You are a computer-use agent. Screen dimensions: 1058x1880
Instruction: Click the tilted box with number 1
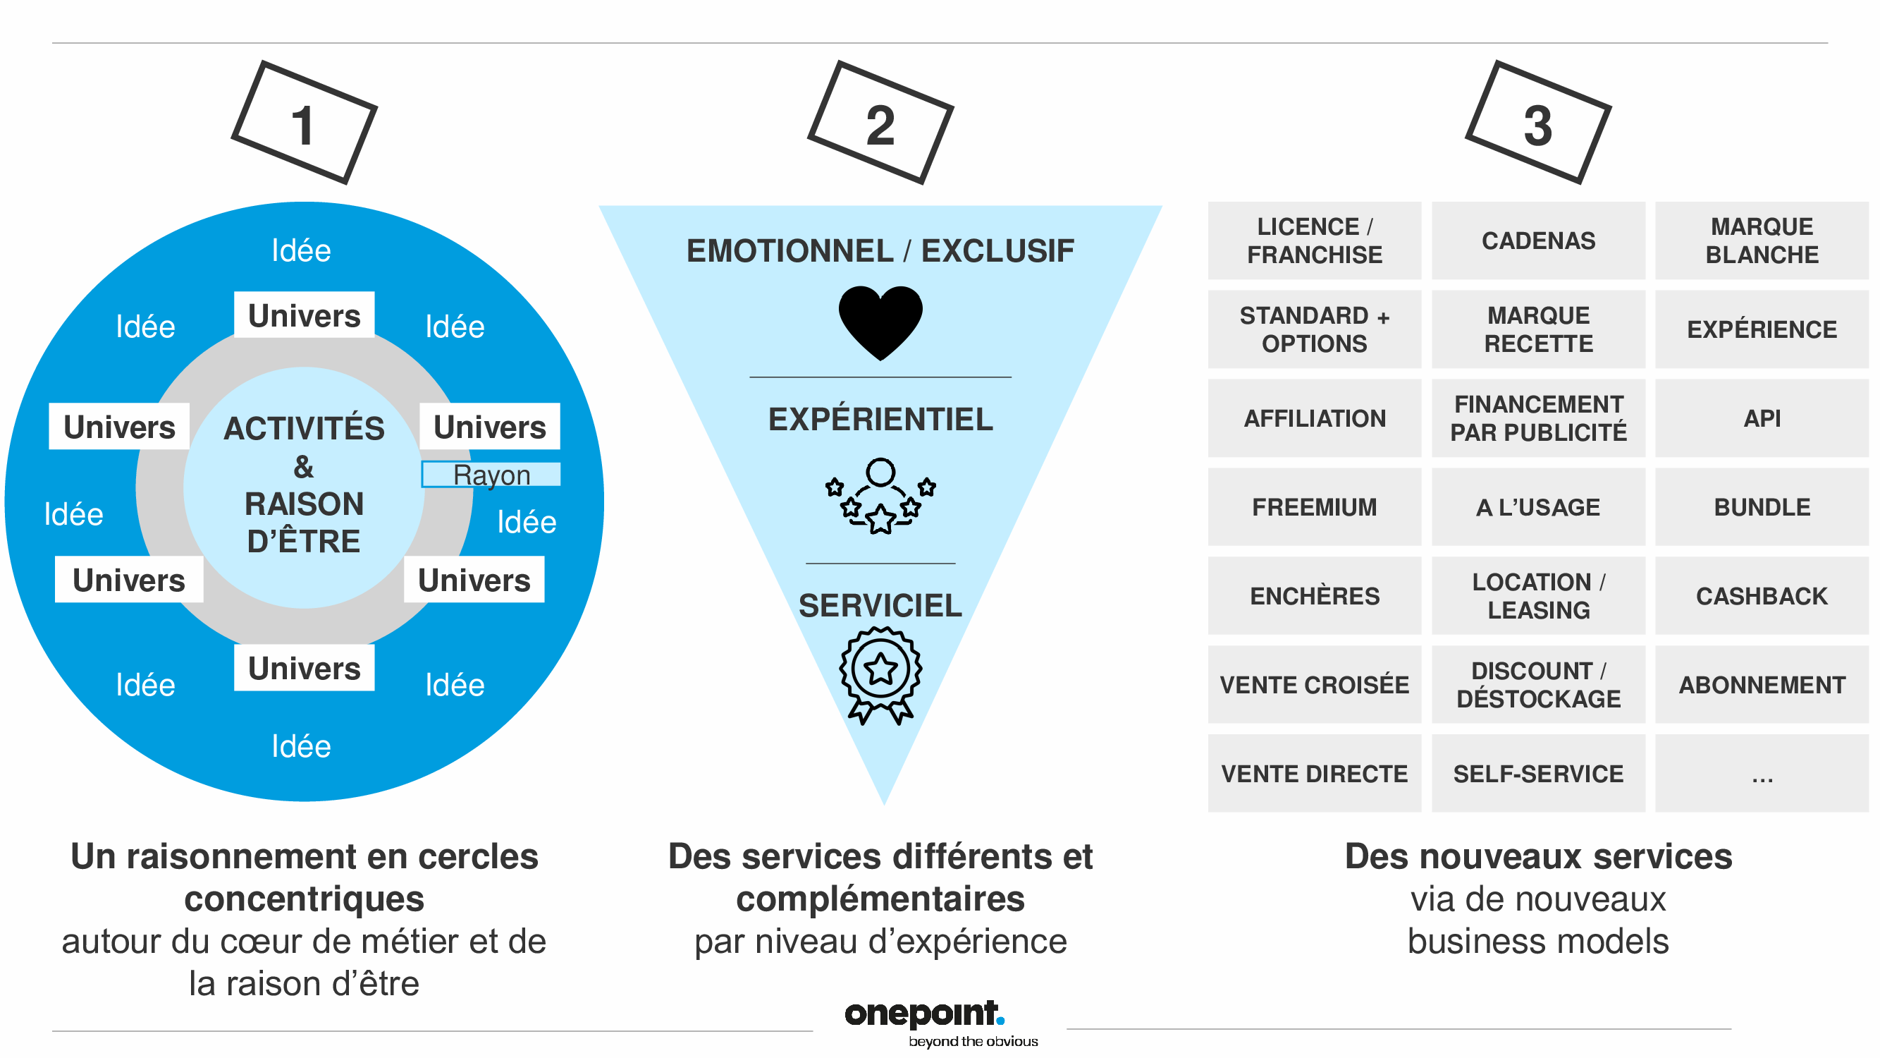pos(304,123)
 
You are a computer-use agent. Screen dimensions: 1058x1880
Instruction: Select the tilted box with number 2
pos(880,123)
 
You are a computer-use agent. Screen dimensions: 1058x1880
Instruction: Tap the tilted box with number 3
pos(1537,123)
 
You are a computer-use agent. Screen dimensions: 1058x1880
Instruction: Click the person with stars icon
pos(880,496)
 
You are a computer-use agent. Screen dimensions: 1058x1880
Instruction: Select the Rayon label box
pos(491,475)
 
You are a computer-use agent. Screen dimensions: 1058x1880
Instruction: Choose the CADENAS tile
pos(1537,241)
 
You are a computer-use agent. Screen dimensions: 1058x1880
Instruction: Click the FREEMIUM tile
pos(1315,506)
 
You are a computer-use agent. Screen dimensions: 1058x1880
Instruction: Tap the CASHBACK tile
pos(1761,596)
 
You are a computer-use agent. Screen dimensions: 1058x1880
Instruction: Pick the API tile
pos(1761,418)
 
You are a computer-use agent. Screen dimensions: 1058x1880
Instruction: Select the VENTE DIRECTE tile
pos(1315,773)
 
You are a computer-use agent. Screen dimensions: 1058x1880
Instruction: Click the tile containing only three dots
pos(1761,773)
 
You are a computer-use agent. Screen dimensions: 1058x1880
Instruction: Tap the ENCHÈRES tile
pos(1315,596)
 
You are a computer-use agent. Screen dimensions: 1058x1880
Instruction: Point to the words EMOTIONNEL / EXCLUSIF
pos(880,250)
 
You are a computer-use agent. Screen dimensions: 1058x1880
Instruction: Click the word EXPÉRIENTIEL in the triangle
pos(880,419)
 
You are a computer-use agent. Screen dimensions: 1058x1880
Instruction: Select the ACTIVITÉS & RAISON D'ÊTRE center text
pos(304,485)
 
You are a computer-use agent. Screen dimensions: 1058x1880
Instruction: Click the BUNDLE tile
pos(1761,506)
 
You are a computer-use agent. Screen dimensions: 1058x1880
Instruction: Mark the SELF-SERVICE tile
pos(1537,773)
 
